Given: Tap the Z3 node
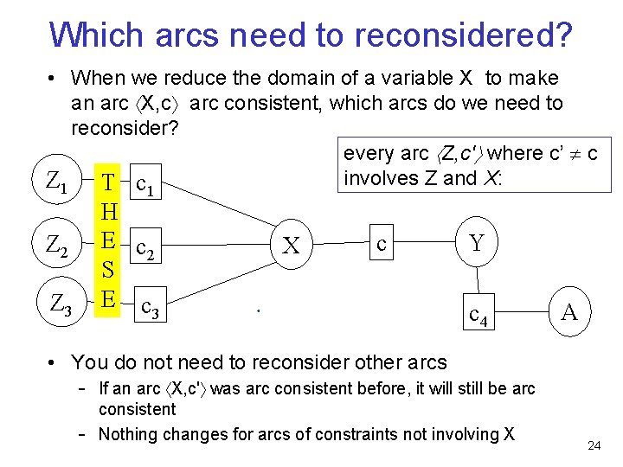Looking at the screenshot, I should (x=61, y=304).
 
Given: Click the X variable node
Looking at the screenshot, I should (x=292, y=246).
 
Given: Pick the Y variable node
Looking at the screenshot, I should (x=477, y=243).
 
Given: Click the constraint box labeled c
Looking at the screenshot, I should (x=382, y=243).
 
